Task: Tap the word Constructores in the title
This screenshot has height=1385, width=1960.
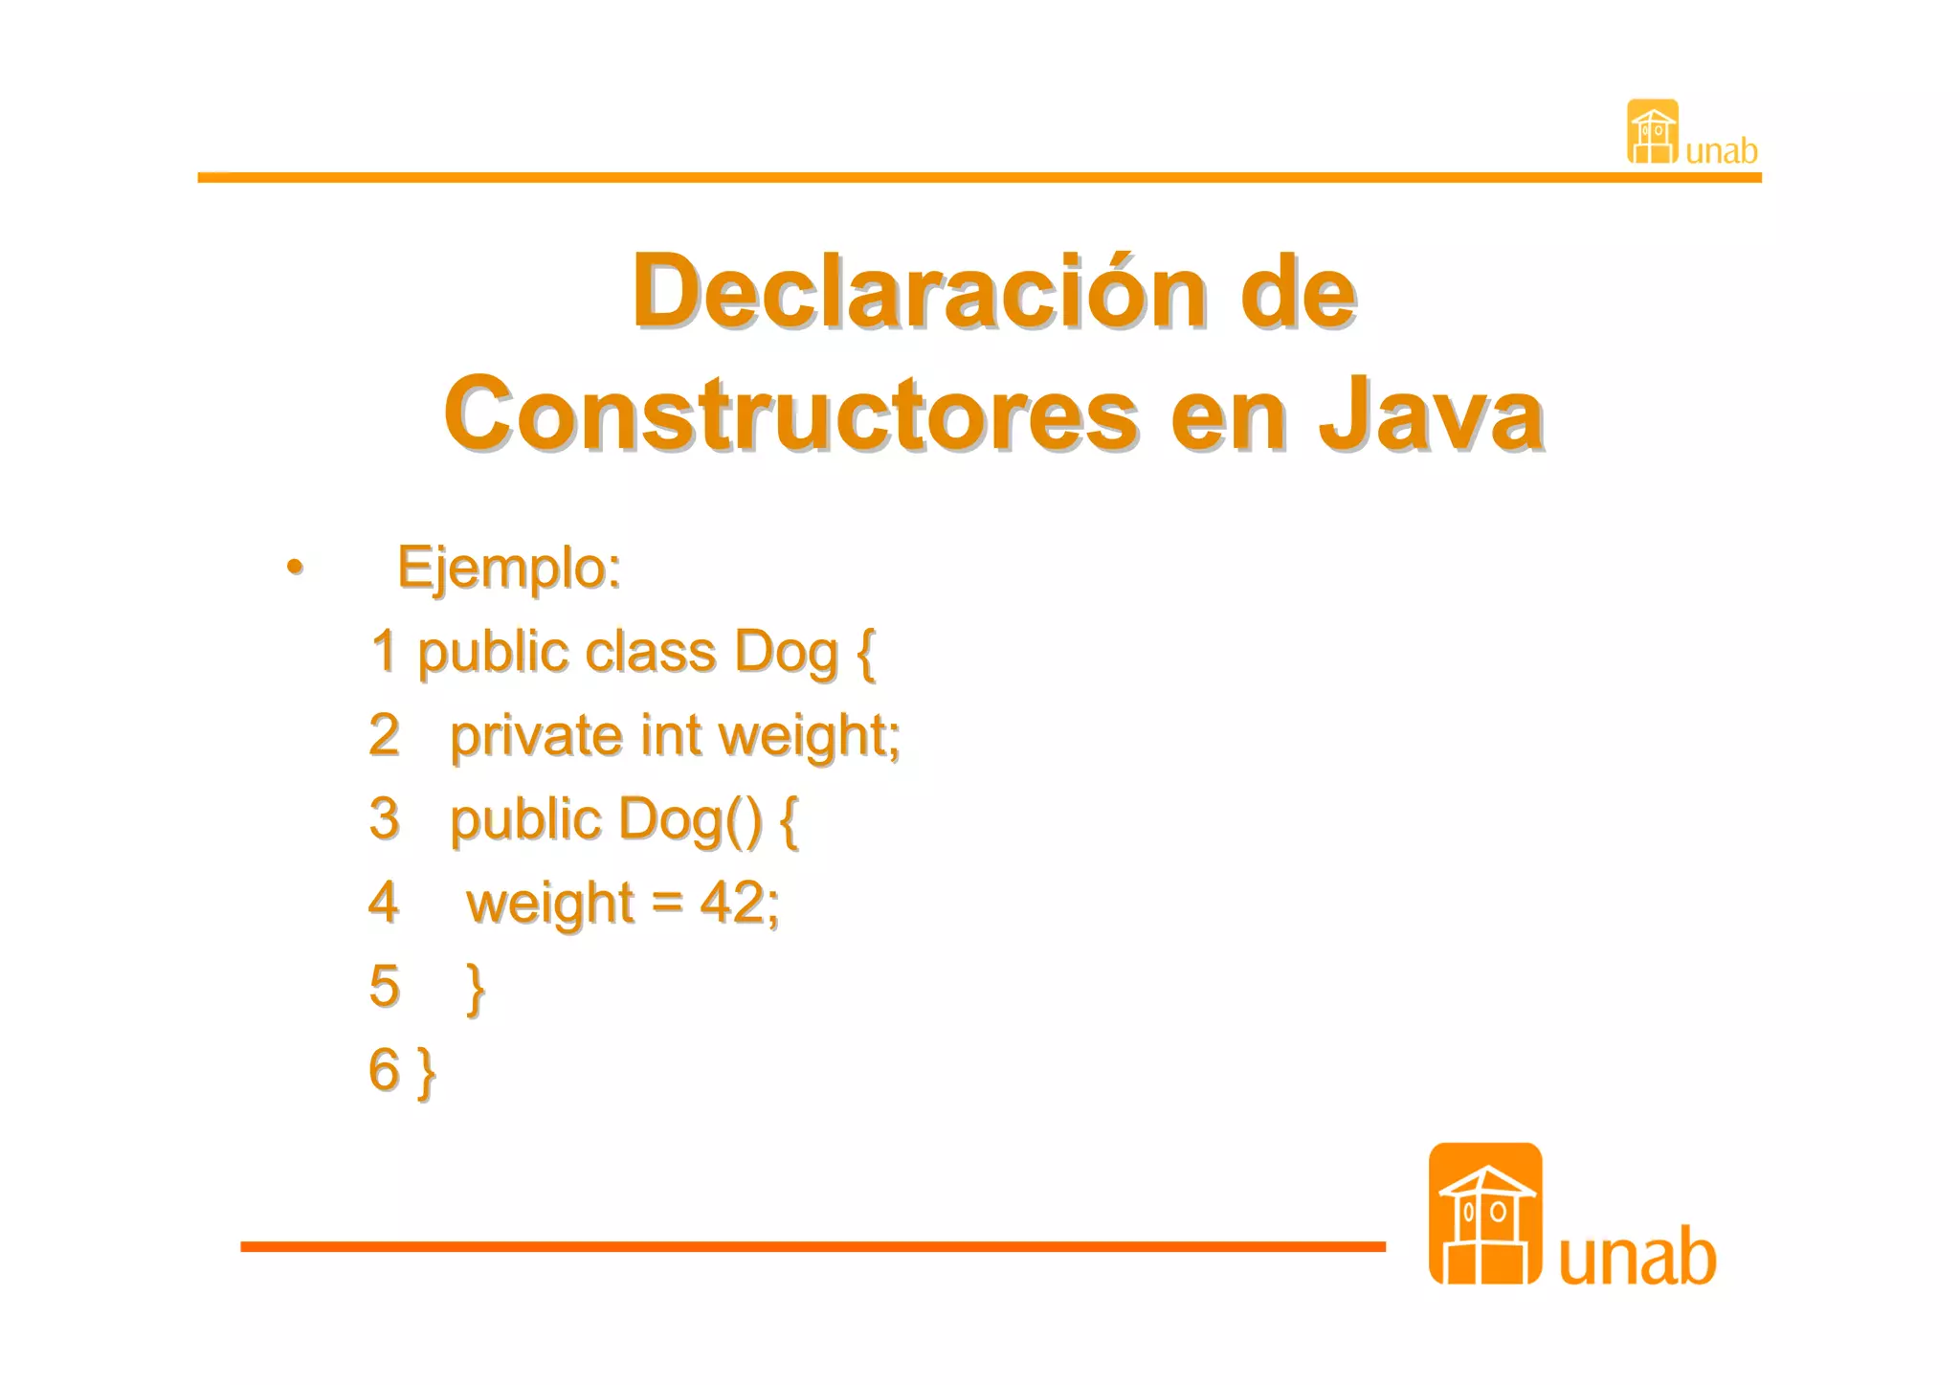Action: click(791, 415)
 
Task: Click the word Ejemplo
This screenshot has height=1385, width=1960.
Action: click(508, 568)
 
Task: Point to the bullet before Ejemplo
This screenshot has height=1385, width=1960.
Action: click(295, 567)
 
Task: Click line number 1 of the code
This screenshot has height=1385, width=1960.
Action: click(384, 651)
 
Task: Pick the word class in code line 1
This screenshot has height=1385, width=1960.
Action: click(650, 652)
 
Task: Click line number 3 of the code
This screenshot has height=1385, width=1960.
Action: click(384, 818)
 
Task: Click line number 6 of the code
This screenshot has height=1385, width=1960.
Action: click(384, 1069)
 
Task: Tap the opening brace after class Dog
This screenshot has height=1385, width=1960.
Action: click(865, 653)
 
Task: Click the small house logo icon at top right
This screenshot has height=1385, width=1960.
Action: click(1653, 132)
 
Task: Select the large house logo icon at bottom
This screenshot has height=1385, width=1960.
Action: click(1485, 1214)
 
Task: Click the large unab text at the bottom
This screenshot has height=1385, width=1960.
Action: click(1637, 1257)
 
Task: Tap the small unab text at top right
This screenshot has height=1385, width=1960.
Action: click(1722, 151)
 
